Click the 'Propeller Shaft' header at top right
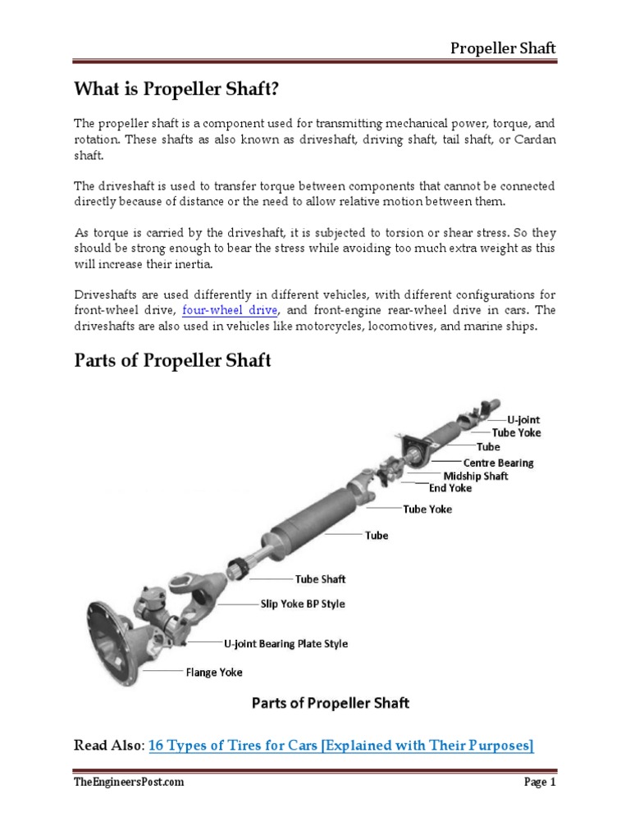(503, 48)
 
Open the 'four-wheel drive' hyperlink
(231, 310)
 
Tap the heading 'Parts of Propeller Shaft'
(172, 360)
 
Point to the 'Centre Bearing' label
(498, 462)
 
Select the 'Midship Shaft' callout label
(476, 475)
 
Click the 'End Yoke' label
(450, 487)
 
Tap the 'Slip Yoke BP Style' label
(303, 603)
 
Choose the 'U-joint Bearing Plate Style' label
(285, 643)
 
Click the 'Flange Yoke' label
(214, 672)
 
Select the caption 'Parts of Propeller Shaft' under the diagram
(330, 702)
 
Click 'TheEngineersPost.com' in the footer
(129, 783)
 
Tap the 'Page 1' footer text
(540, 783)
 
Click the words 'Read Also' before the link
(108, 745)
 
